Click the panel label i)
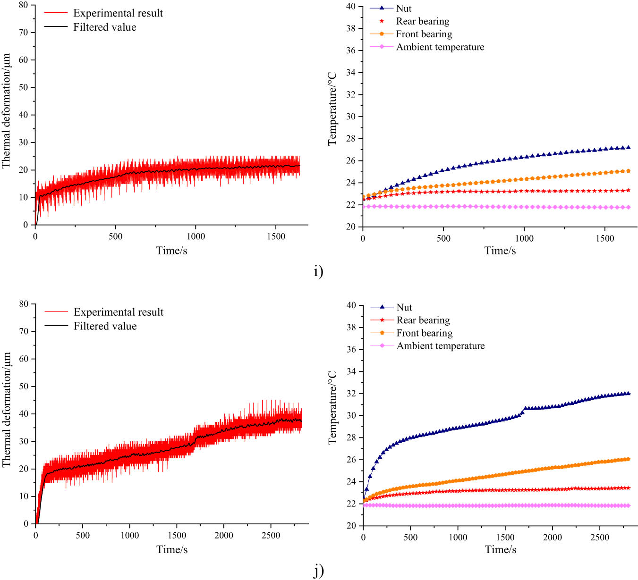[x=318, y=271]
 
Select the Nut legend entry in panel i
[x=403, y=8]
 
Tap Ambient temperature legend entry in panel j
[x=440, y=346]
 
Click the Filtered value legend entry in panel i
[x=104, y=27]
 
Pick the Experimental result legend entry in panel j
[x=118, y=312]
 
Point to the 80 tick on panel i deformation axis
[x=23, y=5]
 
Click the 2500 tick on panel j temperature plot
[x=600, y=538]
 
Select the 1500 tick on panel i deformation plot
[x=276, y=236]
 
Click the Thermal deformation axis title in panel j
[x=6, y=410]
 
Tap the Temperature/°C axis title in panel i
[x=332, y=109]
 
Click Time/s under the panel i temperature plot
[x=500, y=251]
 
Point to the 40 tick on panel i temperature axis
[x=350, y=6]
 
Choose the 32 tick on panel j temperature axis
[x=351, y=394]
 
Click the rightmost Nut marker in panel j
[x=628, y=393]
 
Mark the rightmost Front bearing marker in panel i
[x=628, y=171]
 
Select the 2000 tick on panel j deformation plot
[x=224, y=535]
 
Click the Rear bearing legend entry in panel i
[x=422, y=21]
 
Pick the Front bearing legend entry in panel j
[x=424, y=333]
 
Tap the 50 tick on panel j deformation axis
[x=24, y=387]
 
